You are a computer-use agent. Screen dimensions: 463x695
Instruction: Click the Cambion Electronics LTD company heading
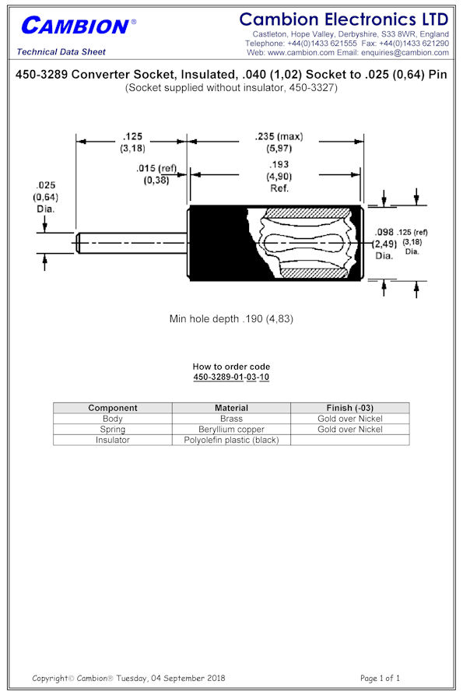click(344, 19)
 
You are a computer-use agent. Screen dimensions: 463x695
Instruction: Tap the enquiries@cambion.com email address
click(405, 52)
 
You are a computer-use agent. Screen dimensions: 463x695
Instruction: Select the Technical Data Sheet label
click(61, 52)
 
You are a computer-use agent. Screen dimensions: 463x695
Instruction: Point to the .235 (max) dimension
click(279, 136)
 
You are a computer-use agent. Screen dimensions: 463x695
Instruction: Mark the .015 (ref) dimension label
click(156, 168)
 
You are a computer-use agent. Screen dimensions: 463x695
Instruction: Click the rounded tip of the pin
click(78, 243)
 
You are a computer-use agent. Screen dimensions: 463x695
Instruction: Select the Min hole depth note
click(231, 318)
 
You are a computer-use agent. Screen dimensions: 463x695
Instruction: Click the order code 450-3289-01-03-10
click(231, 377)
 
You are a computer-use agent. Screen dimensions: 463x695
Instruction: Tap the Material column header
click(231, 408)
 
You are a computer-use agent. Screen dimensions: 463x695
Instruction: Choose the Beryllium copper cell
click(231, 429)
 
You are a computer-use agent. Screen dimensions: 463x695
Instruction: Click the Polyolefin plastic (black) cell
click(231, 440)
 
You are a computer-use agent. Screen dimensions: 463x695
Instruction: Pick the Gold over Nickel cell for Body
click(350, 419)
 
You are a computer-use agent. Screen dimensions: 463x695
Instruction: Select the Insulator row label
click(113, 440)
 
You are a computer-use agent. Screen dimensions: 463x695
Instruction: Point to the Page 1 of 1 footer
click(381, 678)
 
